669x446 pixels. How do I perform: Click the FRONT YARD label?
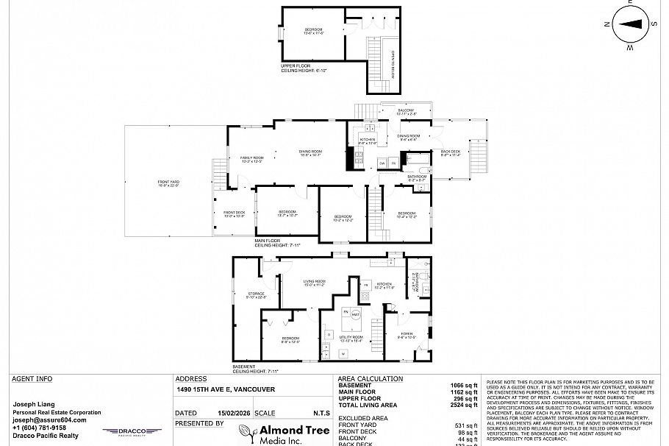168,183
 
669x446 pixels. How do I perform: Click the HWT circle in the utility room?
355,315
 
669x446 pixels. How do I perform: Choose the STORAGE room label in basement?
256,295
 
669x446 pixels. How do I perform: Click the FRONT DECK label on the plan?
234,214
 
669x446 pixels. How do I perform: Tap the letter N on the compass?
607,24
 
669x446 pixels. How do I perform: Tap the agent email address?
49,420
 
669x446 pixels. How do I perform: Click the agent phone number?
40,428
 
